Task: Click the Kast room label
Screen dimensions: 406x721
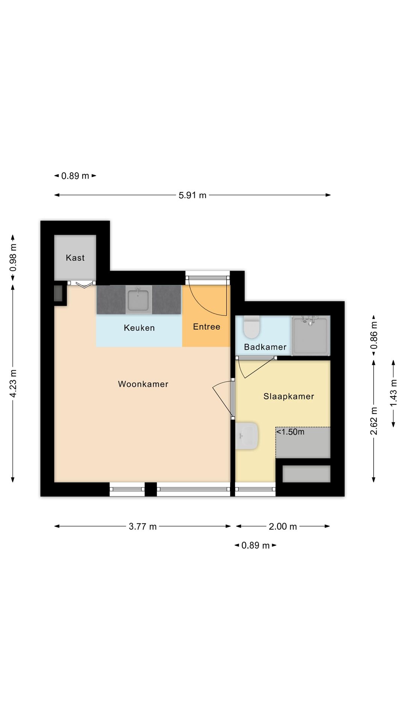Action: [75, 258]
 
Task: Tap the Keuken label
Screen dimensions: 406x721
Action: [139, 328]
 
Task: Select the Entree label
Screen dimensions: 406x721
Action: [206, 327]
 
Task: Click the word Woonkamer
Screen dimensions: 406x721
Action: [143, 384]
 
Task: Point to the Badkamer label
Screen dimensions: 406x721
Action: [265, 347]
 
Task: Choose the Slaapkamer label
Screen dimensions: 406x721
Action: [289, 396]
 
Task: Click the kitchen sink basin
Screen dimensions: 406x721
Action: [139, 299]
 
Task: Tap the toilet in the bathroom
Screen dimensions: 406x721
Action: [251, 327]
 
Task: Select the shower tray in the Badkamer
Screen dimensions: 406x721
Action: [311, 335]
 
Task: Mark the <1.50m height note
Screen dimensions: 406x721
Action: [290, 432]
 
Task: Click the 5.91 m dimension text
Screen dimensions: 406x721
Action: [192, 195]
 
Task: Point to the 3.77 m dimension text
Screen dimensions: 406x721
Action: [142, 526]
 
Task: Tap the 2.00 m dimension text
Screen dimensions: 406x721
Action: [283, 526]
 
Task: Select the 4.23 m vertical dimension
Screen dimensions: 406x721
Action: [13, 383]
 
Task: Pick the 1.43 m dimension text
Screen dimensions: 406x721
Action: [394, 393]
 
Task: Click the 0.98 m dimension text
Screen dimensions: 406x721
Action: [13, 258]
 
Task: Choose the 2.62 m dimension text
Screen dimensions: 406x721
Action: [374, 421]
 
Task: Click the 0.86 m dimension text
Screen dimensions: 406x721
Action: [374, 335]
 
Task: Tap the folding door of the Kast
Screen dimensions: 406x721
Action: [82, 284]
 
